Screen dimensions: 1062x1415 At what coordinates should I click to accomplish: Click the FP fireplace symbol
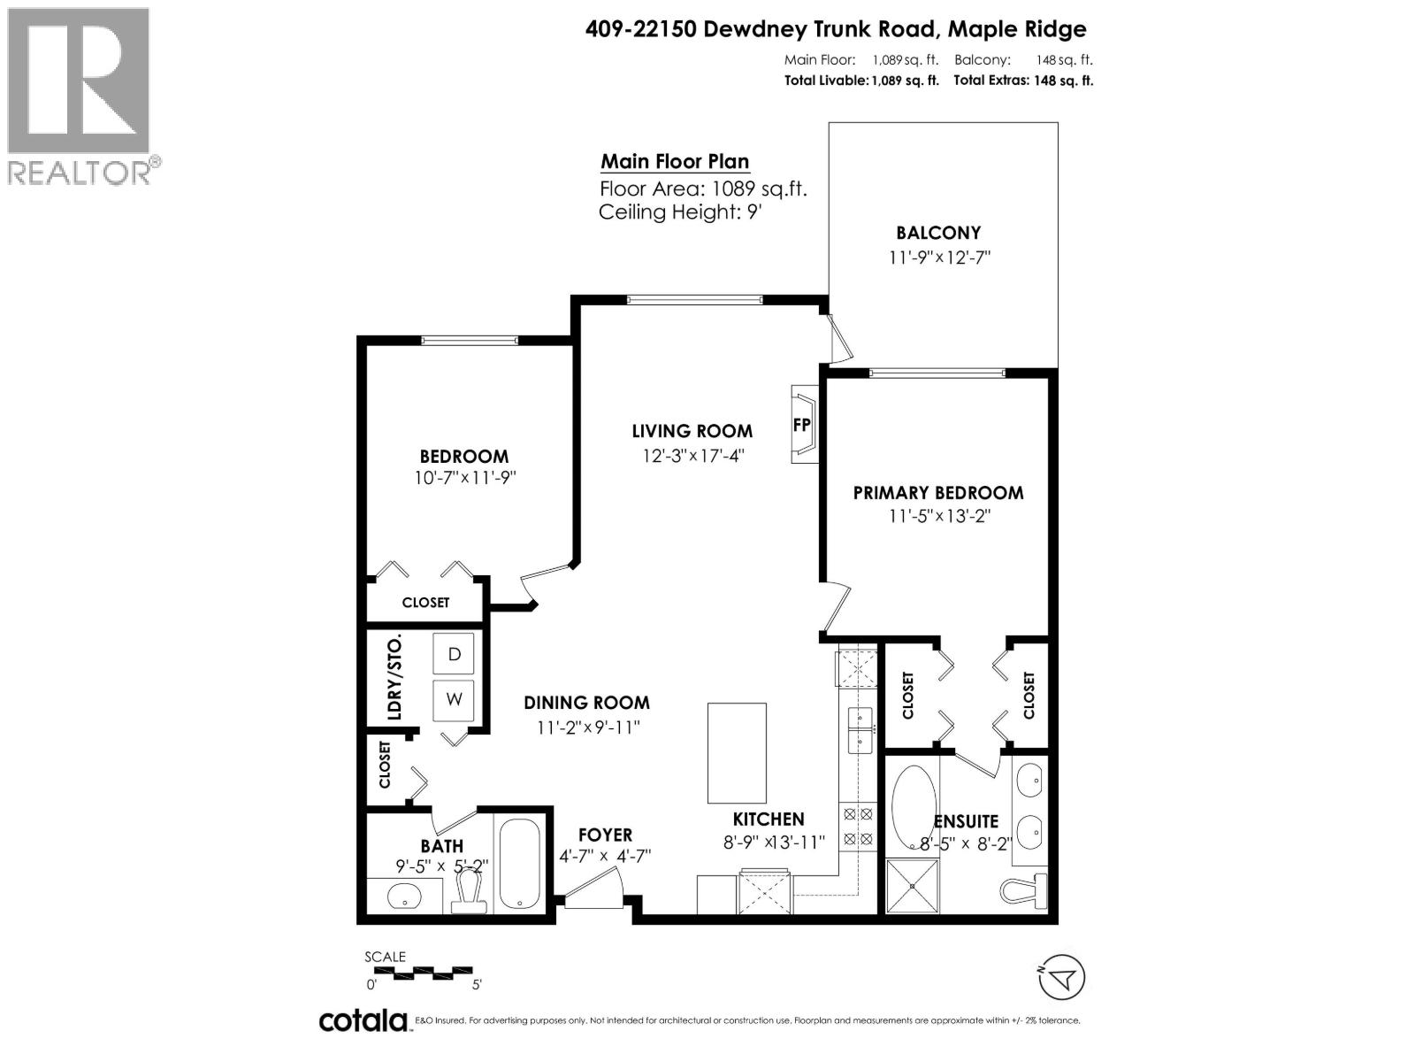tap(802, 424)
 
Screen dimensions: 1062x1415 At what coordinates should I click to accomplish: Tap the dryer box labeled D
tap(454, 655)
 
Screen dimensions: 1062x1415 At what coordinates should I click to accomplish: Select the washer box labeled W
tap(454, 699)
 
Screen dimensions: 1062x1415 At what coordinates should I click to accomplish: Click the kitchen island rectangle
tap(737, 752)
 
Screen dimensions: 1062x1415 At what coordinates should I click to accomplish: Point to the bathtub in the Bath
tap(519, 865)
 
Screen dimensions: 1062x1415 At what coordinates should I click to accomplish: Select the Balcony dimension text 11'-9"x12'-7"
tap(937, 258)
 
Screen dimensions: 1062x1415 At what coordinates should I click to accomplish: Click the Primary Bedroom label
tap(937, 493)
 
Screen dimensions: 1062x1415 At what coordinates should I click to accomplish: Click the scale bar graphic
tap(421, 972)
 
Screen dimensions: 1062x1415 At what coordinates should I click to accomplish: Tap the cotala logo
tap(363, 1020)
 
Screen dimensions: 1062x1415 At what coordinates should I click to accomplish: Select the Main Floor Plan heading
tap(675, 162)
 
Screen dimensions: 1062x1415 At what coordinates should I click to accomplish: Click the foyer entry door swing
tap(594, 889)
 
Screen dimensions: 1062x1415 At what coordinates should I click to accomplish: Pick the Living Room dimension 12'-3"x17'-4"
tap(692, 455)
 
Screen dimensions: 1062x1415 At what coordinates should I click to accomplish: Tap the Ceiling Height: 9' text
tap(680, 212)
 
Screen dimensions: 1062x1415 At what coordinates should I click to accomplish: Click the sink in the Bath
tap(405, 897)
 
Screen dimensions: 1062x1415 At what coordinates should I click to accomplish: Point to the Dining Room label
tap(586, 703)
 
